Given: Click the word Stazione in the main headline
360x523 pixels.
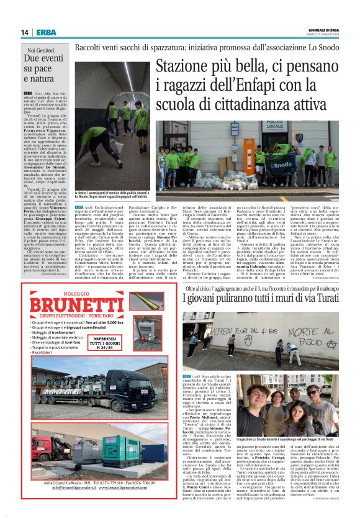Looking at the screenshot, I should pos(185,66).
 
